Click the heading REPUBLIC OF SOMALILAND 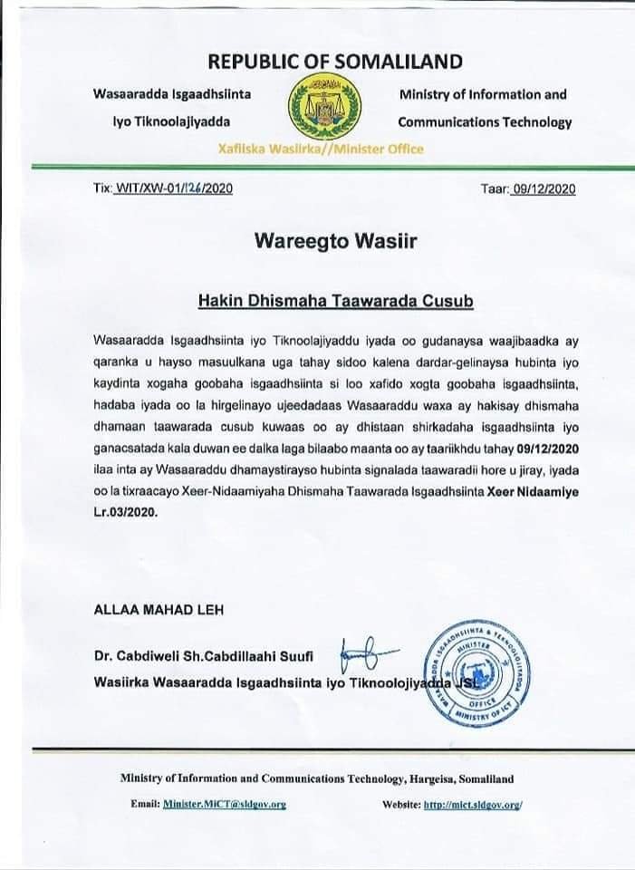click(335, 62)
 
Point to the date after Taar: click(544, 188)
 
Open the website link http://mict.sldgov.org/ click(473, 804)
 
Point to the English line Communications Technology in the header click(485, 122)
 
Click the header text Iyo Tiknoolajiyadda click(171, 122)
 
